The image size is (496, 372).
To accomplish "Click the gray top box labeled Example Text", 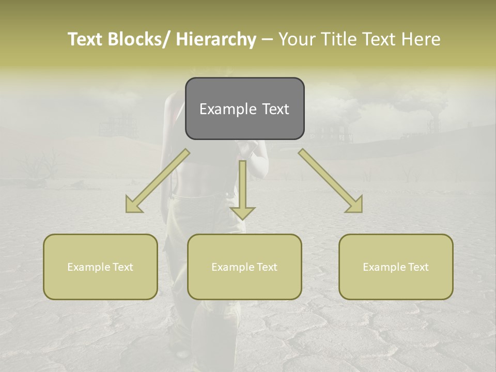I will (x=244, y=109).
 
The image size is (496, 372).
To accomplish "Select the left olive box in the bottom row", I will (x=100, y=267).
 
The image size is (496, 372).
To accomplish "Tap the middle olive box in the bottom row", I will (x=244, y=267).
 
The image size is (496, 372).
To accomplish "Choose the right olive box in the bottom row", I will (x=396, y=267).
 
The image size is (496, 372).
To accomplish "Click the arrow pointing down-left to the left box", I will (x=157, y=181).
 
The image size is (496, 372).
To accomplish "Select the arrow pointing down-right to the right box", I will (x=331, y=181).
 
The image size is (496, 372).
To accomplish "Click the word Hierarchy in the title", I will (x=216, y=39).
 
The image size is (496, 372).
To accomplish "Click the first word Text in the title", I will (x=85, y=39).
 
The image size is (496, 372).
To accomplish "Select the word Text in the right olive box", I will (x=418, y=267).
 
